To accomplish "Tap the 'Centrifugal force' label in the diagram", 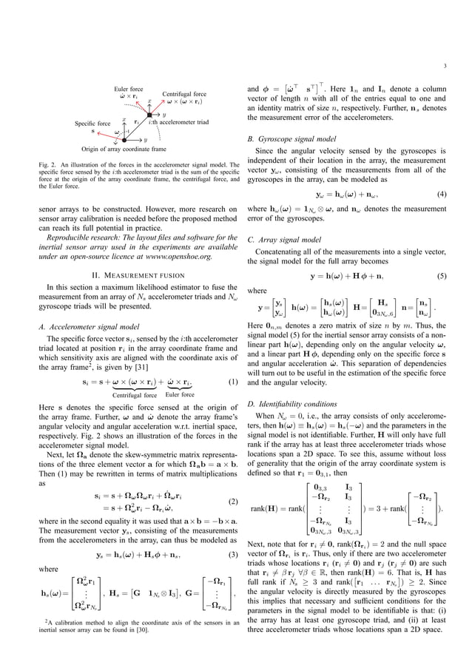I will coord(184,95).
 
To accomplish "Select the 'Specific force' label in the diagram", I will coord(93,124).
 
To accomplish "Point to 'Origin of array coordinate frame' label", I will coord(124,149).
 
